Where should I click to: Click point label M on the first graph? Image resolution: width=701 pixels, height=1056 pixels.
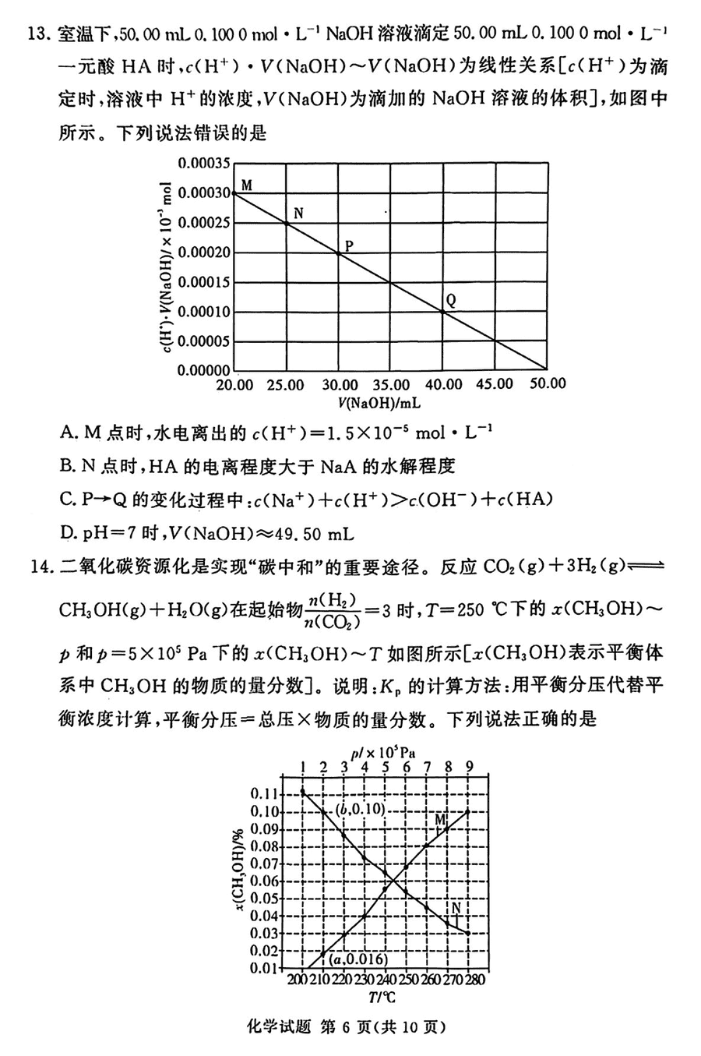(x=247, y=185)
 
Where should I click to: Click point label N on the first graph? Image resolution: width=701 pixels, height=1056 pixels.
(x=298, y=213)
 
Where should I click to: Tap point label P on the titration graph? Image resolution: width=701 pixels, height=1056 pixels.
(x=350, y=245)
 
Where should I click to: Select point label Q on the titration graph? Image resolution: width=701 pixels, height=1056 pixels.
(x=451, y=299)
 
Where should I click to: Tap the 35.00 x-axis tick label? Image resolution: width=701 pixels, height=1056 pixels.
(x=391, y=384)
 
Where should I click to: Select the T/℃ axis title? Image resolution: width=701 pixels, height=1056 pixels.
(x=382, y=998)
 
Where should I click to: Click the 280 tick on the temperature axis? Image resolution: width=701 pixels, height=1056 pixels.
(x=474, y=980)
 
